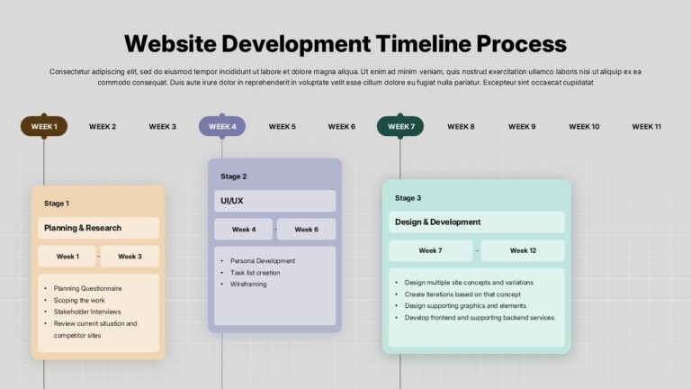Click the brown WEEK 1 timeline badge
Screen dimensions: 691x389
44,127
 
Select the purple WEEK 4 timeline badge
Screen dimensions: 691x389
222,127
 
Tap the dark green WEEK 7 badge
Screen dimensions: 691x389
400,127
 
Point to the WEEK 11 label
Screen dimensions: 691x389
647,127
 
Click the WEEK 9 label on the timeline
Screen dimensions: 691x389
522,127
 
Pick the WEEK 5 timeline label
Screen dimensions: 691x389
282,127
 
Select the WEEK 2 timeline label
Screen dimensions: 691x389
103,127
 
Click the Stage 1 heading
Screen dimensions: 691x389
57,204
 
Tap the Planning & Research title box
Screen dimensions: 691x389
98,228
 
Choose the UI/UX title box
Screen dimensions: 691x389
275,201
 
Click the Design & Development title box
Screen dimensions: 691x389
476,222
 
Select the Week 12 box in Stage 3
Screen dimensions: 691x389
523,250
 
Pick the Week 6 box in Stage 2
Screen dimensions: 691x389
306,230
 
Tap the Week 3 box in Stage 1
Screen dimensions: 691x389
130,257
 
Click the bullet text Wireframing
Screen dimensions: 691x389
248,284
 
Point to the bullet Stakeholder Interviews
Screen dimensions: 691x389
87,312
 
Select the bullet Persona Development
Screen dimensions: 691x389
263,261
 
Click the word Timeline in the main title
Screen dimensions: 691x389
424,43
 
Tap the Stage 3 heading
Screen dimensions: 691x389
408,198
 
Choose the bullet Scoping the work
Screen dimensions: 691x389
79,301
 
